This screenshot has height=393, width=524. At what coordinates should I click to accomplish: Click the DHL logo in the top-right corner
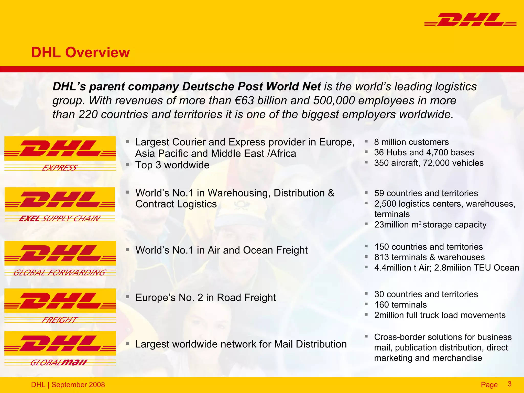click(470, 20)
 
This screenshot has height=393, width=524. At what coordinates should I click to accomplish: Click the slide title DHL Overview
click(80, 52)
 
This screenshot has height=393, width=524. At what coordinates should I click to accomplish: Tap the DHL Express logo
click(60, 153)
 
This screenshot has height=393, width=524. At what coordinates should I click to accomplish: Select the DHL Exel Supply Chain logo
click(60, 204)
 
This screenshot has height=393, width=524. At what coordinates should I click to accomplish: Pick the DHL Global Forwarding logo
click(60, 258)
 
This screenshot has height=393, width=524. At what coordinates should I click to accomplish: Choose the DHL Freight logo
click(60, 305)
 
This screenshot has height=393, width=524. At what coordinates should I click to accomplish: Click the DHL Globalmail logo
click(60, 348)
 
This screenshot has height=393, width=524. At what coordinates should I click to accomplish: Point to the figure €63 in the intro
click(244, 101)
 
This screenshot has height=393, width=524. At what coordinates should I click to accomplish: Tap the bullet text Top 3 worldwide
click(172, 165)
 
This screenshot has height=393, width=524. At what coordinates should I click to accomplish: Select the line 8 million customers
click(411, 142)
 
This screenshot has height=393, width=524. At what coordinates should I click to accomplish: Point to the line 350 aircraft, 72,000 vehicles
click(429, 163)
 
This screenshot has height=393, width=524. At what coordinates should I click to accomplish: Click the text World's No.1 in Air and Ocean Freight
click(222, 250)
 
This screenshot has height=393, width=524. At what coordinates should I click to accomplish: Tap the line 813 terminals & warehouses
click(429, 257)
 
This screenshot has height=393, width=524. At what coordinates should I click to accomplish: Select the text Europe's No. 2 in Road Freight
click(206, 298)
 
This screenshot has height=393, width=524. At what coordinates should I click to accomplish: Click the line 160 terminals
click(400, 305)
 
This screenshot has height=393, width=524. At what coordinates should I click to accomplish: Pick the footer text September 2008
click(78, 385)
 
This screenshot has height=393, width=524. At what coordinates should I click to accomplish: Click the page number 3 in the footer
click(509, 384)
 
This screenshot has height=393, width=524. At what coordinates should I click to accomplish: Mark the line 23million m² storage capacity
click(430, 225)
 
